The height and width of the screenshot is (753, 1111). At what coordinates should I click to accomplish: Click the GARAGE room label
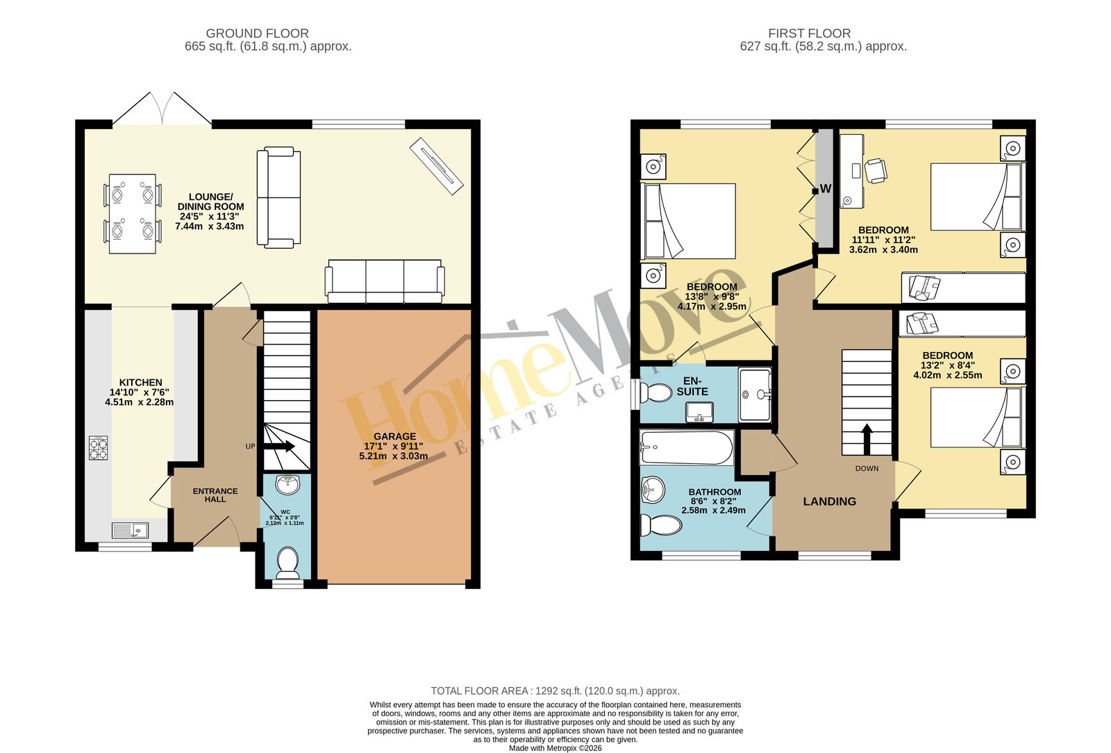[395, 436]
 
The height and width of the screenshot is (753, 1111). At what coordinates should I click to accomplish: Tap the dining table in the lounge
[133, 214]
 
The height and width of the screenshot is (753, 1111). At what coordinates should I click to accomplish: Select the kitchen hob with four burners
[98, 448]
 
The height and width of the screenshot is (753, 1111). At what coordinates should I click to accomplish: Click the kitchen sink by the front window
[130, 531]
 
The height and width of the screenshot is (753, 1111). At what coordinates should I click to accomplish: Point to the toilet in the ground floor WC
[287, 563]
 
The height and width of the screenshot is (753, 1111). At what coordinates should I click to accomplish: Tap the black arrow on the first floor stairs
[867, 439]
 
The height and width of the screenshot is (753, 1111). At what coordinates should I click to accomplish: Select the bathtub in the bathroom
[687, 447]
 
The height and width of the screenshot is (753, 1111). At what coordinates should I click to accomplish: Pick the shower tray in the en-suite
[754, 395]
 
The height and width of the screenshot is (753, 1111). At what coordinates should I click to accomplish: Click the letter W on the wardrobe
[826, 188]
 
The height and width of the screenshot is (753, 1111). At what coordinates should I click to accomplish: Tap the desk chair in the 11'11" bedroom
[876, 171]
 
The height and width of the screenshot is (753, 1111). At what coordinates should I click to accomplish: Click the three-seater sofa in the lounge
[385, 281]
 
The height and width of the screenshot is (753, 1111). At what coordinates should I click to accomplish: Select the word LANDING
[829, 502]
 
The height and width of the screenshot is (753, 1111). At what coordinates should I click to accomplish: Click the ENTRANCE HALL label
[215, 495]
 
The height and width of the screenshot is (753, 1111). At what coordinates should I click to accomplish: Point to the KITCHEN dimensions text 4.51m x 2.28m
[140, 402]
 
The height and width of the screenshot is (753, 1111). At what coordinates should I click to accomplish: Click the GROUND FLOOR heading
[257, 33]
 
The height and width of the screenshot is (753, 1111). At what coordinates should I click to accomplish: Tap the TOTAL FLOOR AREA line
[555, 691]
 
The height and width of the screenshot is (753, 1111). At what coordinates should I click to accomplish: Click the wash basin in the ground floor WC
[287, 485]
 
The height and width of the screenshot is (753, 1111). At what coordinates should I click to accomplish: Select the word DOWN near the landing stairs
[867, 468]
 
